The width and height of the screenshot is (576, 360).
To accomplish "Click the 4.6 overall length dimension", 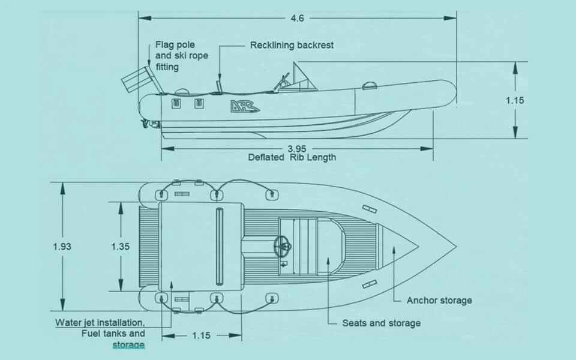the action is click(x=297, y=18).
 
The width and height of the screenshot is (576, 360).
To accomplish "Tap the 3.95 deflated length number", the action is click(x=297, y=149).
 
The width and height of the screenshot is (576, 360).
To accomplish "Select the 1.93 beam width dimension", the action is click(x=62, y=247).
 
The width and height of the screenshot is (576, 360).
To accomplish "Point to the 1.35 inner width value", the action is click(x=121, y=247).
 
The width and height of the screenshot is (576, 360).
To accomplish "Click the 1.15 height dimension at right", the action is click(x=515, y=100).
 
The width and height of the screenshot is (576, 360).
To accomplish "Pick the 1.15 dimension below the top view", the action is click(x=202, y=335).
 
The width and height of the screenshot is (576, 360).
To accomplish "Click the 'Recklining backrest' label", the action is click(x=292, y=45).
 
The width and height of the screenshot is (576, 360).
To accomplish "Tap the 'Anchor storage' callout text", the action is click(x=439, y=301).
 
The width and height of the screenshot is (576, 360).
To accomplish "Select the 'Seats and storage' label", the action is click(x=382, y=323).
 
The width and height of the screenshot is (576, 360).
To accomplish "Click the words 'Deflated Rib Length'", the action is click(x=292, y=158).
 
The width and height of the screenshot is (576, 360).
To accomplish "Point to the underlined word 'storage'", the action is click(x=128, y=344).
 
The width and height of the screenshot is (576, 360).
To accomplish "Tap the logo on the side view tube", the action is click(x=245, y=106).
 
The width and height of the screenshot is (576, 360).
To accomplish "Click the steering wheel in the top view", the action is click(x=283, y=245).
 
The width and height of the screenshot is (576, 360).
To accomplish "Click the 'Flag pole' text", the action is click(x=175, y=45).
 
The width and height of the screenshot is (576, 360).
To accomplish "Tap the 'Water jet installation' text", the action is click(x=100, y=323).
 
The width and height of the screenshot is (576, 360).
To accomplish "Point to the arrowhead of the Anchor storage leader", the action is click(x=394, y=250).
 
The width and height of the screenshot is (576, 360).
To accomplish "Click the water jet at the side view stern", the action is click(x=151, y=124).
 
